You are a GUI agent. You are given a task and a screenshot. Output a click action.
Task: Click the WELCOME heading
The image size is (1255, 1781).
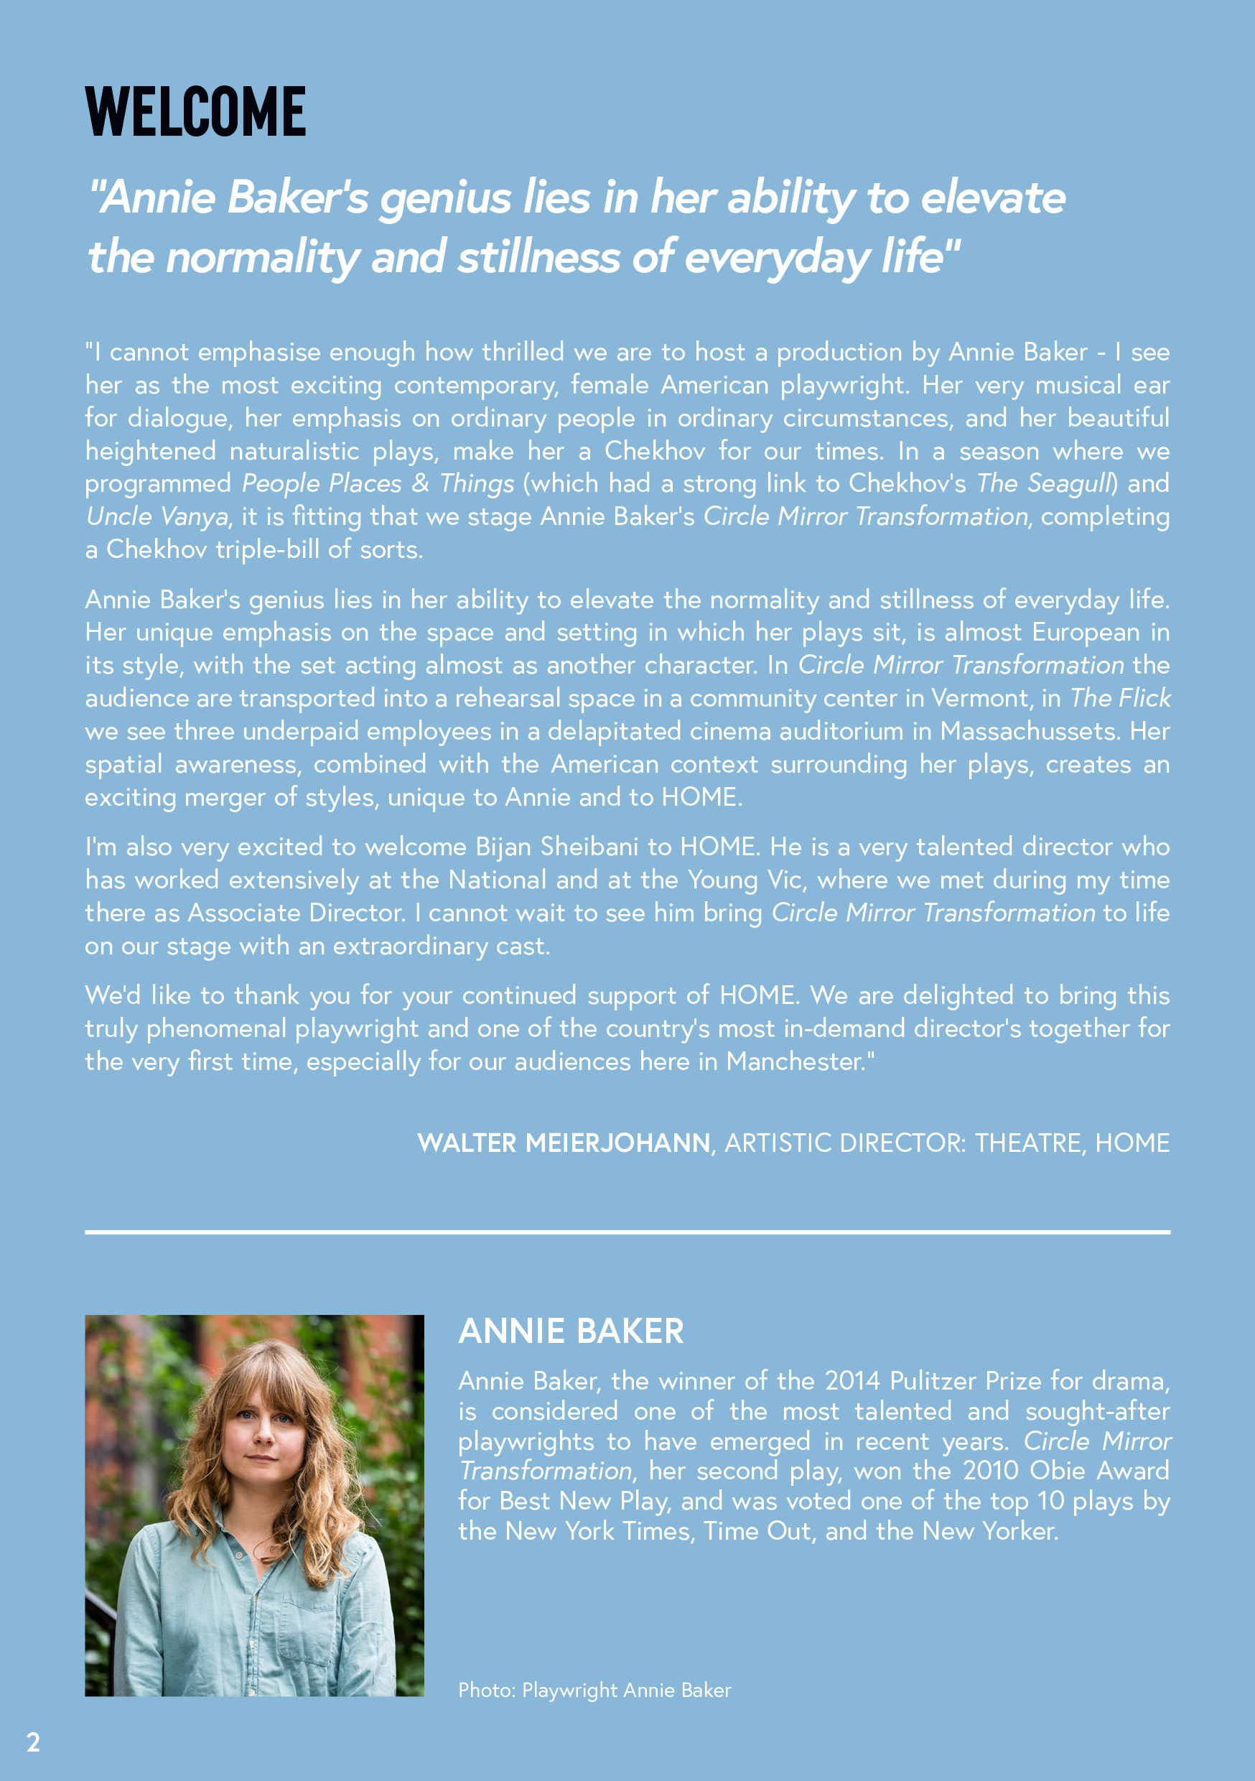(x=195, y=113)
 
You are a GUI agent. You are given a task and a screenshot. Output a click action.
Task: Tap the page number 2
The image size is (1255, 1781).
(x=33, y=1742)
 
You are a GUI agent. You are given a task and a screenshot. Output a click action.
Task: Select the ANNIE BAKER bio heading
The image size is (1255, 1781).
(x=571, y=1331)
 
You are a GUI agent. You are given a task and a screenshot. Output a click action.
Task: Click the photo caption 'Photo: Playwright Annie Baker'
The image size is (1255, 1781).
(x=594, y=1690)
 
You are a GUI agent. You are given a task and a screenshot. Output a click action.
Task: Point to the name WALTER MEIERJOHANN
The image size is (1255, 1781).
(x=563, y=1143)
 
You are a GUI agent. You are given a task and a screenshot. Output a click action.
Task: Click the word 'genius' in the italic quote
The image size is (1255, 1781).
(x=444, y=199)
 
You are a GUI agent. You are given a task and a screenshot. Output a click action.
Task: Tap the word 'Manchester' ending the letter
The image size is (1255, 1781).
(x=795, y=1061)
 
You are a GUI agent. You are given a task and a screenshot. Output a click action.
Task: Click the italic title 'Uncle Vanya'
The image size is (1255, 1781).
(x=157, y=516)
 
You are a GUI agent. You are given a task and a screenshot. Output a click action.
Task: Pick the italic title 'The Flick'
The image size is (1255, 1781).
(x=1120, y=698)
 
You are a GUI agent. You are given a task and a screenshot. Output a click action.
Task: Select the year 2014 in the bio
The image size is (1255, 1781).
(x=852, y=1381)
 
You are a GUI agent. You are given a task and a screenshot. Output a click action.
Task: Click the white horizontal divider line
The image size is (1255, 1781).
(x=627, y=1231)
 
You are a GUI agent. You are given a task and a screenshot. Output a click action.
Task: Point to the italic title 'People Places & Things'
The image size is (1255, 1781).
(x=378, y=483)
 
